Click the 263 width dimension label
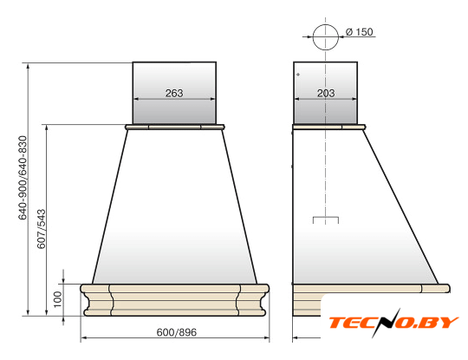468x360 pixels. coord(174,93)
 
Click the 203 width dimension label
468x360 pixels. coord(326,93)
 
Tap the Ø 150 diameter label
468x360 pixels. coord(360,32)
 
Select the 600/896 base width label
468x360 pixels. coord(177,332)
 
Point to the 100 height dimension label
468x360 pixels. coord(57,299)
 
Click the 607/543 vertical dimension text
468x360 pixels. coord(42,229)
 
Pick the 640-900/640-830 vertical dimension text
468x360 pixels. coord(23,178)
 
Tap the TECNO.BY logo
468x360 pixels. coord(393,323)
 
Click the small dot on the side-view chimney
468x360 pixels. coord(298,75)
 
